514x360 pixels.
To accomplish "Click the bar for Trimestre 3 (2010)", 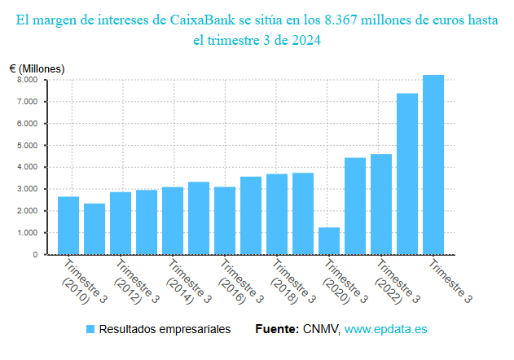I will click(68, 226).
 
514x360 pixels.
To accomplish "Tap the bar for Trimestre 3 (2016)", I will click(225, 221).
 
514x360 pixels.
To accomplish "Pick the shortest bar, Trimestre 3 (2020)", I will click(329, 241).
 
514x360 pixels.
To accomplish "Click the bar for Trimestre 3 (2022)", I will click(381, 204).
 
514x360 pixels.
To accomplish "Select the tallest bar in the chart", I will click(433, 165).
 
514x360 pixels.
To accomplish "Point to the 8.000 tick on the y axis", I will click(27, 80).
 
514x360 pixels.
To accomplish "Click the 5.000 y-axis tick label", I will click(27, 146).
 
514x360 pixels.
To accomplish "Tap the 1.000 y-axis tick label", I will click(27, 233).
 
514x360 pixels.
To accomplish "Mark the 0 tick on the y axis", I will click(34, 255).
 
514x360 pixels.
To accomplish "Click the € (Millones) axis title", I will click(37, 68).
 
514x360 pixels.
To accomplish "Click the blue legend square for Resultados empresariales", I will click(91, 329).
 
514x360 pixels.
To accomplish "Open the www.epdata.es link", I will click(385, 329).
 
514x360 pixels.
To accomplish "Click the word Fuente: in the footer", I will click(277, 329).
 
